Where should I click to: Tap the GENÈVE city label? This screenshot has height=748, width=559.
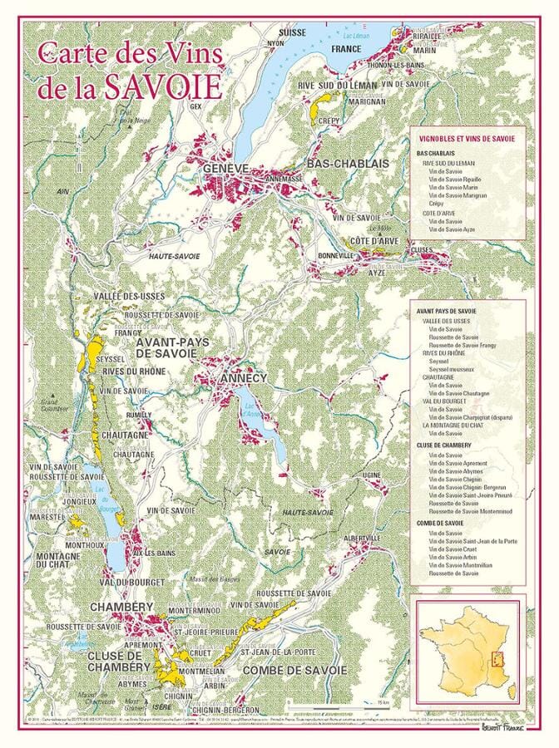(x=225, y=169)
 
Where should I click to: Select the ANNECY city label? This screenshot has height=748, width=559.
(x=242, y=378)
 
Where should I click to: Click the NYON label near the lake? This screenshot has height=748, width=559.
(x=275, y=43)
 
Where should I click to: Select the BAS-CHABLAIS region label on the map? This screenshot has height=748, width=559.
(x=347, y=165)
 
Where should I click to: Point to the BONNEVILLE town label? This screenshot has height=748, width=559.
(x=335, y=256)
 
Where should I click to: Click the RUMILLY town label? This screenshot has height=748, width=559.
(x=138, y=414)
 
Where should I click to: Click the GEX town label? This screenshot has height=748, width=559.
(x=196, y=106)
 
